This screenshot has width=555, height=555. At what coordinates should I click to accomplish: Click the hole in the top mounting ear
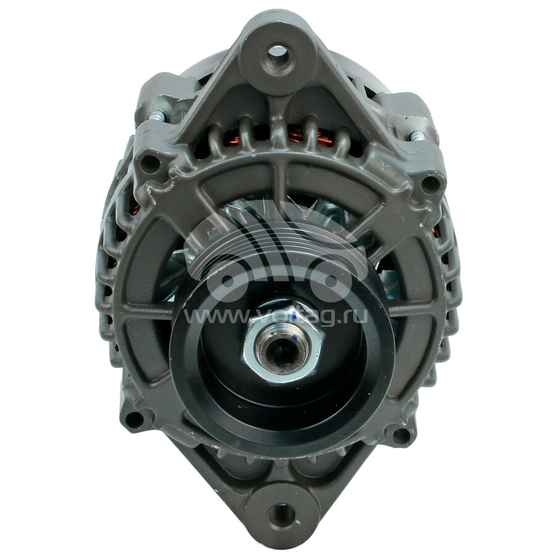(x=277, y=54)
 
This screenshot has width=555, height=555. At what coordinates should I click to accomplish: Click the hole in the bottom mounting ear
(x=281, y=514)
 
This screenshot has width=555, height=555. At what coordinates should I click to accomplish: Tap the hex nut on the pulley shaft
(x=283, y=345)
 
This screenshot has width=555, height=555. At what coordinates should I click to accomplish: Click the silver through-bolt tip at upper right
(x=417, y=136)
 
